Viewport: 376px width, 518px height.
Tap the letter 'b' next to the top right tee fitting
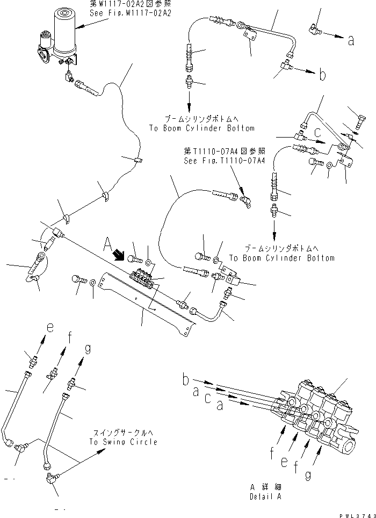pos(322,76)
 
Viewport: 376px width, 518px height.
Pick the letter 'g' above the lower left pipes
pos(88,350)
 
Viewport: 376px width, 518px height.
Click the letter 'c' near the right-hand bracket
pos(318,131)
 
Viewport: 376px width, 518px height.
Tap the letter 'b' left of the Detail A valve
pos(185,381)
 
